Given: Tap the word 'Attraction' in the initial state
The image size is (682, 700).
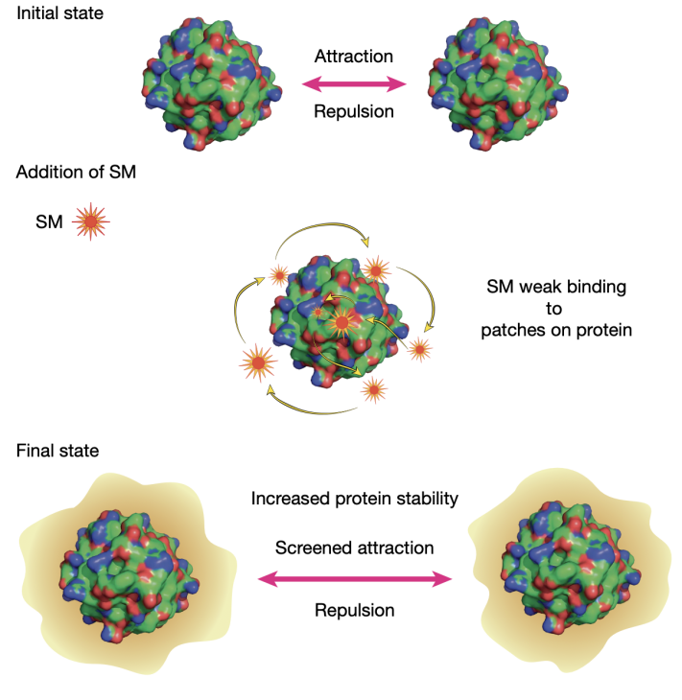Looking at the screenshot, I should [x=355, y=57].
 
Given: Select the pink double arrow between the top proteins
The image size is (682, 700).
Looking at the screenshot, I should [x=354, y=84].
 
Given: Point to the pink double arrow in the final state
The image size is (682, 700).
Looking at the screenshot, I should [x=355, y=578].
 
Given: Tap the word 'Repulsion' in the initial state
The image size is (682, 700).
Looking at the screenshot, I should [x=355, y=111].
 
